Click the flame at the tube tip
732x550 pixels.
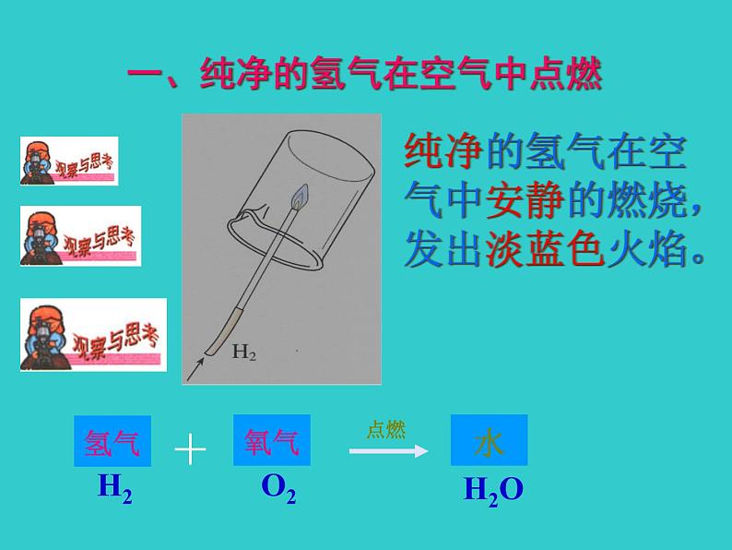(x=300, y=197)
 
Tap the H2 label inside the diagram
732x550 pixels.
(x=243, y=352)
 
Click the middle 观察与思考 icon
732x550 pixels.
(x=81, y=234)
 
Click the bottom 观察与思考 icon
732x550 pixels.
(x=93, y=333)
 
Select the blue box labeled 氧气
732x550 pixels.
(x=272, y=441)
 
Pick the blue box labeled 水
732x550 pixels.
(x=489, y=440)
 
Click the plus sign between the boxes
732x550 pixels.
(x=190, y=449)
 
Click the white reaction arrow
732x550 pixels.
(x=388, y=450)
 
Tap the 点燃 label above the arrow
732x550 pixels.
(x=385, y=430)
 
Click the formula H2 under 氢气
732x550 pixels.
(x=114, y=487)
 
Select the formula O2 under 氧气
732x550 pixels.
(x=278, y=487)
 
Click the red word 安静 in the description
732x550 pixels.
(x=523, y=200)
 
